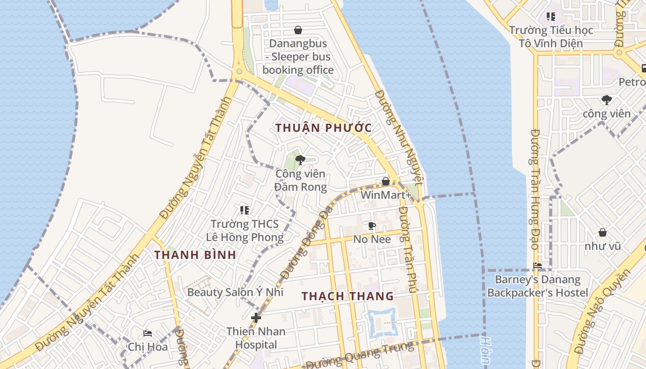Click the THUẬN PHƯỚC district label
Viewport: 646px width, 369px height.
coord(323,128)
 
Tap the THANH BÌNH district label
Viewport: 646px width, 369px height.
coord(195,255)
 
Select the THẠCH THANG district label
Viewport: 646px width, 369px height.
coord(348,296)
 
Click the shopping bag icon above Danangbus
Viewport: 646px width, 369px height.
coord(298,30)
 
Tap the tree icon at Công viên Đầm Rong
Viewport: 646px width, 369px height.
coord(300,160)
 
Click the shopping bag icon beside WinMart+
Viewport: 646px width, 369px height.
coord(386,182)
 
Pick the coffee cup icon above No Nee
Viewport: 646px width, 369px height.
coord(372,226)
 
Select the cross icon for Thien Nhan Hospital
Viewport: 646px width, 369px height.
coord(256,318)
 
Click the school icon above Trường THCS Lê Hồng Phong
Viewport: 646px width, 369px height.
coord(245,210)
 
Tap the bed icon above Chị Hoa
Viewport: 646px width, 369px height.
coord(148,333)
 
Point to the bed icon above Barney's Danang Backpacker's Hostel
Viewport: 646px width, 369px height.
coord(538,266)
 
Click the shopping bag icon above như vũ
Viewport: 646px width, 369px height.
coord(602,232)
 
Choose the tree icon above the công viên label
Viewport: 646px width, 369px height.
coord(606,100)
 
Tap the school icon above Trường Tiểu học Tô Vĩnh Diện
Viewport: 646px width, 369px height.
coord(551,17)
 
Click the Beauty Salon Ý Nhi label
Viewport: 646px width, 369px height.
coord(235,292)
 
